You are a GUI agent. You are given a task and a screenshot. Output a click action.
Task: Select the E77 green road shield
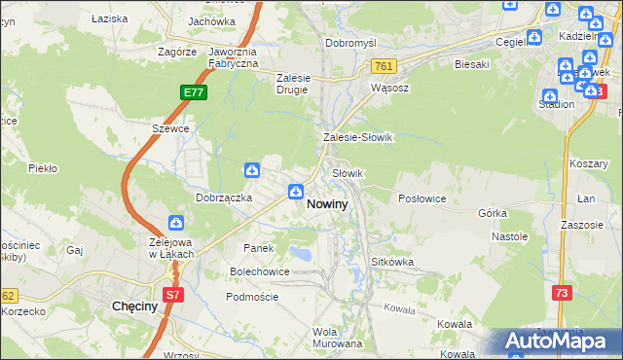[x=193, y=92]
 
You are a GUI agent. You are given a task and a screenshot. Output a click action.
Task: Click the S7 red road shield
[x=172, y=294]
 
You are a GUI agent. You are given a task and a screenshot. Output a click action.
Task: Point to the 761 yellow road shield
[x=382, y=65]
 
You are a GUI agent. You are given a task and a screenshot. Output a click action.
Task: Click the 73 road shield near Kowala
[x=561, y=293]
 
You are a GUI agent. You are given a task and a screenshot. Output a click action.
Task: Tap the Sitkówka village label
[x=394, y=263]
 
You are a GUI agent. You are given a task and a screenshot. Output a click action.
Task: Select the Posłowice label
[x=422, y=198]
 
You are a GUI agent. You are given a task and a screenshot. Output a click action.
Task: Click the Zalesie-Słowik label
[x=357, y=137]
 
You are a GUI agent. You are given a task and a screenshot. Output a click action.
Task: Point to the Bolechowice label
[x=259, y=271]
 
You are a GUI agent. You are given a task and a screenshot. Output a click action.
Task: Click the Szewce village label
[x=168, y=128]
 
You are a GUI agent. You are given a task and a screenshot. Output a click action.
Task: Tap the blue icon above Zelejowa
[x=177, y=224]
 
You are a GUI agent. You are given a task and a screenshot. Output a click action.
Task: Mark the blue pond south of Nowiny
[x=303, y=255]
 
